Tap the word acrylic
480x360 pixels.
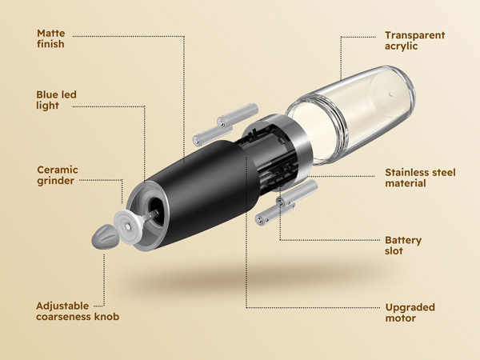(402, 46)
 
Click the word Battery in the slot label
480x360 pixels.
(403, 240)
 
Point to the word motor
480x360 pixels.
(401, 318)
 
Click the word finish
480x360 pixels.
(50, 45)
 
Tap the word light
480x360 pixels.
(47, 105)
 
